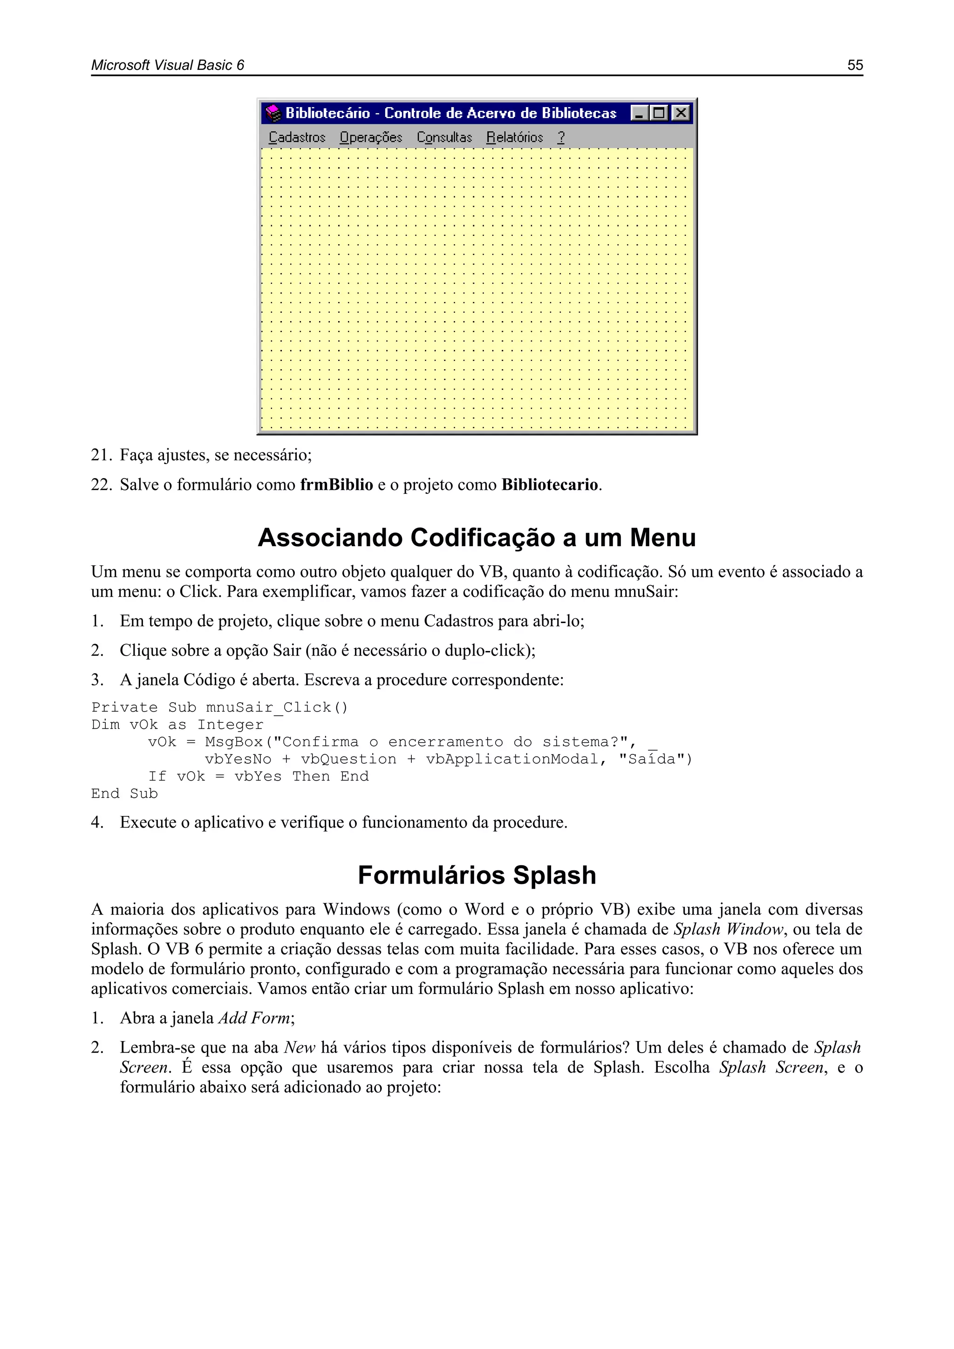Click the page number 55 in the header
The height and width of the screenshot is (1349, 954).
[855, 65]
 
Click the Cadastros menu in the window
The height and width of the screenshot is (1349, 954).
[297, 137]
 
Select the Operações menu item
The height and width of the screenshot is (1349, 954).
[371, 137]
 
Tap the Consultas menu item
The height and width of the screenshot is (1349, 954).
[444, 137]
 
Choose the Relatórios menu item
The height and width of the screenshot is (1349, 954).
[515, 137]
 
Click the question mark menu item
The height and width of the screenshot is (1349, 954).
[561, 137]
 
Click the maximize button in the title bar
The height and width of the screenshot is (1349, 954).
[659, 113]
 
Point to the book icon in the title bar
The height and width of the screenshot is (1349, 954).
[273, 113]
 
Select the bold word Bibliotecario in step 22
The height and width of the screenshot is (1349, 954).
[550, 485]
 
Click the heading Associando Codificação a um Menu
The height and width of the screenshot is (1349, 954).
[477, 538]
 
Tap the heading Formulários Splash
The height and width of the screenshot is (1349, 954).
[477, 875]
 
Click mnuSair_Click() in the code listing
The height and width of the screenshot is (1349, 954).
[277, 707]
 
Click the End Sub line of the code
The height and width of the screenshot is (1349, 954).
[124, 794]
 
